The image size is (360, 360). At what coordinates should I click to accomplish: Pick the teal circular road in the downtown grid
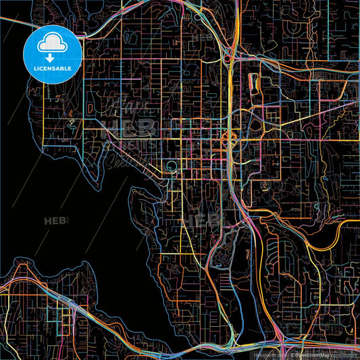click(172, 166)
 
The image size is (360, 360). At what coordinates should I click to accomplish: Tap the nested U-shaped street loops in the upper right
click(297, 27)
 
